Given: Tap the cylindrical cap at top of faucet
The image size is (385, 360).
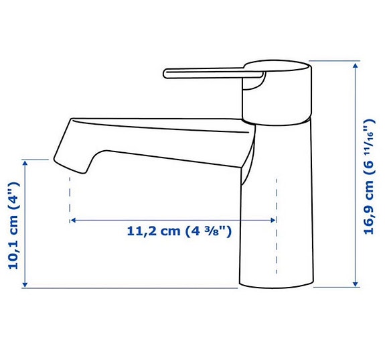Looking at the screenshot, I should tap(277, 94).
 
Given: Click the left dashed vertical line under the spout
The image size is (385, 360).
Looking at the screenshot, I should tap(69, 198).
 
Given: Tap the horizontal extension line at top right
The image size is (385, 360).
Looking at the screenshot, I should tap(335, 61).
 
